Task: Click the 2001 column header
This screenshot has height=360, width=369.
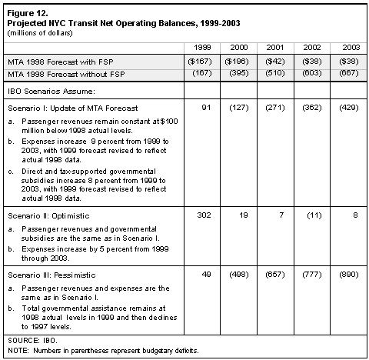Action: click(275, 48)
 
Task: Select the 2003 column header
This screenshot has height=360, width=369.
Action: click(351, 48)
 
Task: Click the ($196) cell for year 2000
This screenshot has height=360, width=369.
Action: click(237, 62)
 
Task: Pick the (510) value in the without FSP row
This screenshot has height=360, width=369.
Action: click(275, 73)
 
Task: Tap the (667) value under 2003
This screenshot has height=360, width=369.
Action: click(349, 73)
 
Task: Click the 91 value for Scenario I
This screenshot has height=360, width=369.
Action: click(206, 107)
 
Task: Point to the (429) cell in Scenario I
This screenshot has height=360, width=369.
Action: click(349, 108)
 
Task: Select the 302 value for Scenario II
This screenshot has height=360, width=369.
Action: click(204, 215)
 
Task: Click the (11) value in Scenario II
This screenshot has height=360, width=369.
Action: click(314, 215)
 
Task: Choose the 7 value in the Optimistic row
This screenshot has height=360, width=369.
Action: click(281, 215)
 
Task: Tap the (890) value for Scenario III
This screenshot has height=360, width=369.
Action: click(349, 275)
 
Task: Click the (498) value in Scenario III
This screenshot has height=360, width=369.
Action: click(239, 275)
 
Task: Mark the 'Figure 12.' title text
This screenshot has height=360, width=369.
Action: click(28, 13)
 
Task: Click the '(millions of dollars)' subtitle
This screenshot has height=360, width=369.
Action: click(40, 33)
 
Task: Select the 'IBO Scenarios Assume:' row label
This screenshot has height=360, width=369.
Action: click(52, 92)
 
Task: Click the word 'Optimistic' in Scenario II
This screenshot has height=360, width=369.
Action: click(71, 216)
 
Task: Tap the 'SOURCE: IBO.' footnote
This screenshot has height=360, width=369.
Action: click(32, 341)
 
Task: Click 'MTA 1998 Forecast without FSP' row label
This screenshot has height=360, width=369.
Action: click(66, 75)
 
